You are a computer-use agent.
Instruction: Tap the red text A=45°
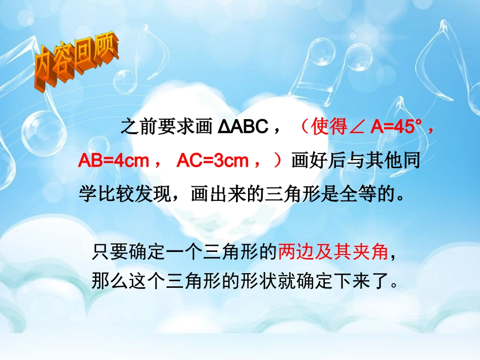pyautogui.click(x=396, y=127)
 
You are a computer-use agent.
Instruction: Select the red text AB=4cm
pyautogui.click(x=113, y=161)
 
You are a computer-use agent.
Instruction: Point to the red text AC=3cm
pyautogui.click(x=212, y=161)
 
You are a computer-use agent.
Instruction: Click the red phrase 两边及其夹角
pyautogui.click(x=333, y=251)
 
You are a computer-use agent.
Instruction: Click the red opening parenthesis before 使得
pyautogui.click(x=303, y=127)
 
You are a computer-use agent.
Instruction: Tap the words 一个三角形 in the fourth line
pyautogui.click(x=209, y=251)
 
